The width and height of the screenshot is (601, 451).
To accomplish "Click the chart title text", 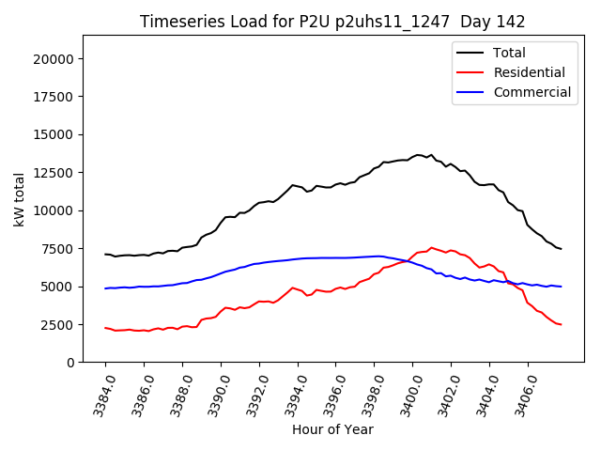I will click(332, 22).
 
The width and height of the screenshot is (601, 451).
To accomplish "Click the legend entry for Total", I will click(509, 54).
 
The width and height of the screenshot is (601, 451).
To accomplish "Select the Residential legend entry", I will click(529, 73).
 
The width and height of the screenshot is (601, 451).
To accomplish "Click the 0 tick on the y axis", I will click(70, 363).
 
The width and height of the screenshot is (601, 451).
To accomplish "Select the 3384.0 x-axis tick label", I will click(100, 391).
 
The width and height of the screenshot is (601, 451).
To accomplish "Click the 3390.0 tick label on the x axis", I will click(215, 391).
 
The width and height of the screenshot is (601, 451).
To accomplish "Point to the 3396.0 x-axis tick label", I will click(331, 391).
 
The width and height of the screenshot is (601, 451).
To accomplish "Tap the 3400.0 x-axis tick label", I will click(408, 391).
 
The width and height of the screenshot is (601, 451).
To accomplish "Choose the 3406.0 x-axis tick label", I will click(522, 391).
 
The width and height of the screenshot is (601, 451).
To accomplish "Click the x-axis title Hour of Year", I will click(332, 429).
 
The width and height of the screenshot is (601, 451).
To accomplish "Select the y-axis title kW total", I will click(19, 199).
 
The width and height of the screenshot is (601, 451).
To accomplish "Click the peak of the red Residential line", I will click(431, 248).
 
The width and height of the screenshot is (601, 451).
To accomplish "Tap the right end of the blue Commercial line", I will click(561, 287).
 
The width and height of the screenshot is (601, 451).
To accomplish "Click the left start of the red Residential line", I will click(105, 328).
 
